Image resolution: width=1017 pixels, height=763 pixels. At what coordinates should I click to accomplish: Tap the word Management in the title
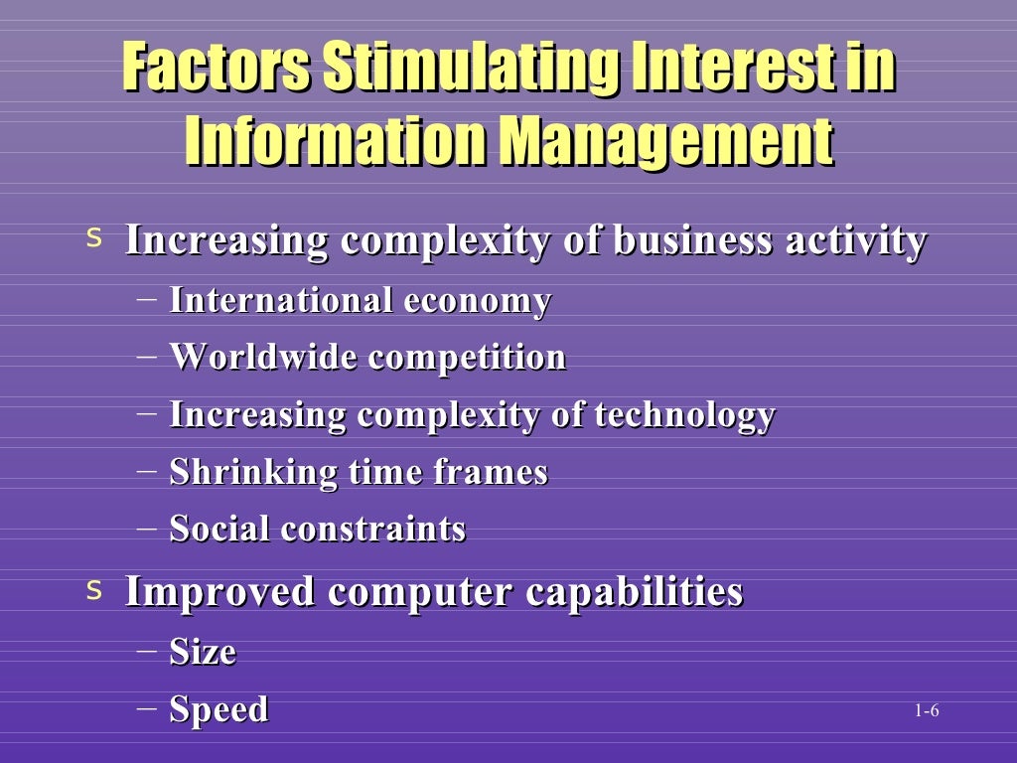664,142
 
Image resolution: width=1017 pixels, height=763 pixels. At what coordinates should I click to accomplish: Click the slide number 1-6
928,710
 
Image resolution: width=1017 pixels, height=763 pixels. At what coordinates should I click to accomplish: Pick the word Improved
220,592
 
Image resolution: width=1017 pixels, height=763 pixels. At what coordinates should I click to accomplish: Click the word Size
203,652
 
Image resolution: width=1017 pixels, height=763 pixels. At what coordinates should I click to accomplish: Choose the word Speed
218,710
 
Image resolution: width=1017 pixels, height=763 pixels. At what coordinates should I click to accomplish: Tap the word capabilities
634,592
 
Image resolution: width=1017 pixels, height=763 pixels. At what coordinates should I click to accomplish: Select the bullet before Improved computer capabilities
94,591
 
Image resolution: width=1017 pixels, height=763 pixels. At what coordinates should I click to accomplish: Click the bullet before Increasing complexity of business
94,239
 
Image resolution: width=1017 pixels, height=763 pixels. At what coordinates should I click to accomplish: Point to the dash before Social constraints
147,528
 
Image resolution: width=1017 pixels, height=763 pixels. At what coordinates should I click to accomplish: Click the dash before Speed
147,708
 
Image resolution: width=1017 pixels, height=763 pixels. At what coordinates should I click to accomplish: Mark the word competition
467,357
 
